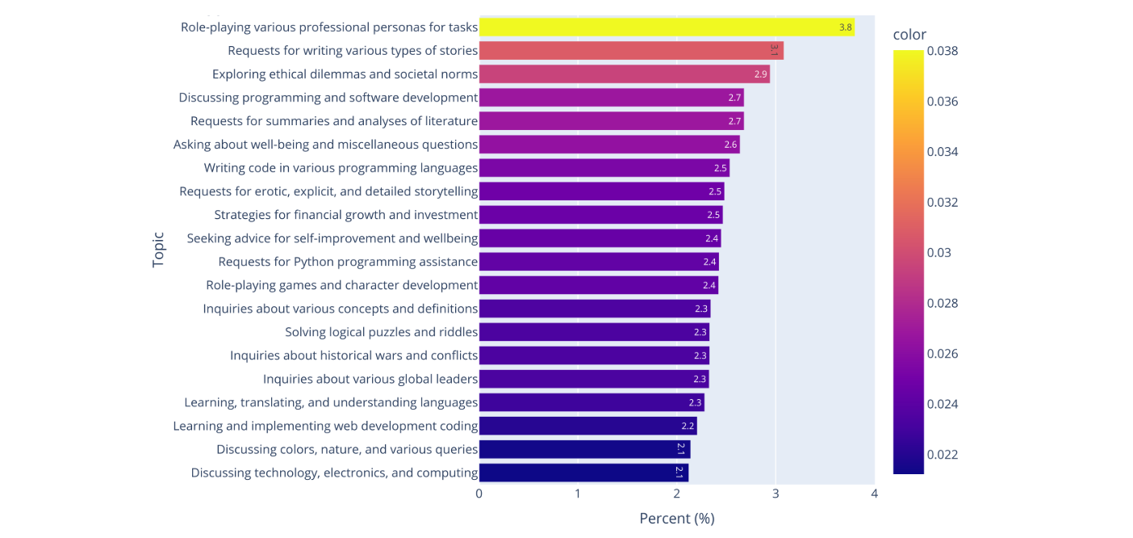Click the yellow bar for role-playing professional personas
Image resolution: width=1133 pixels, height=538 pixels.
667,27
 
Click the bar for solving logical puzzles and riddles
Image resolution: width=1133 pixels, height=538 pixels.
594,332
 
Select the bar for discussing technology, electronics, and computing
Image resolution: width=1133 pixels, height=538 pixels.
583,473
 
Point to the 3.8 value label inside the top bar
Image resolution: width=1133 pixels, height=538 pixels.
845,27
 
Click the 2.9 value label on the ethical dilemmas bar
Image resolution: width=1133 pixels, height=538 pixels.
760,74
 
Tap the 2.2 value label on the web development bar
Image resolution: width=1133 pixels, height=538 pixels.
688,426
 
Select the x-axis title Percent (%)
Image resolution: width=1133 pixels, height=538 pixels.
676,519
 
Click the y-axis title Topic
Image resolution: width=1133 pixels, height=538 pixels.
158,250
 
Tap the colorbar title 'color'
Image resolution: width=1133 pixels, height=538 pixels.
909,35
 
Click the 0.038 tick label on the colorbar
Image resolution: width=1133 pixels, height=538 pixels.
943,51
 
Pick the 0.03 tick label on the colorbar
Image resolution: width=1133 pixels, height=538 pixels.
939,253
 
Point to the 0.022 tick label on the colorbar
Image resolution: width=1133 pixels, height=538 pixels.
943,455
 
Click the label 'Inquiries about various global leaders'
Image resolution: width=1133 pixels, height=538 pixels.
370,379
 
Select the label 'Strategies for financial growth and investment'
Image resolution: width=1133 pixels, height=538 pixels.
346,215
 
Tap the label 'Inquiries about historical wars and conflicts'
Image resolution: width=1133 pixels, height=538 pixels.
354,355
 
